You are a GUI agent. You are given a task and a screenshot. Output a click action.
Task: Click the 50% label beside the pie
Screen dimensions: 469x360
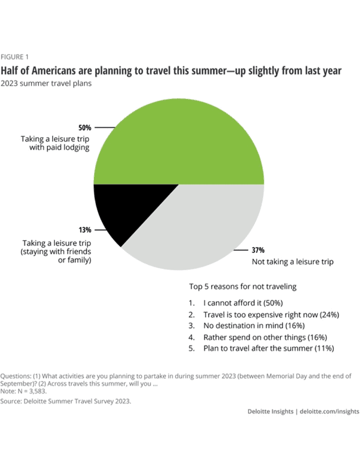[x=84, y=127]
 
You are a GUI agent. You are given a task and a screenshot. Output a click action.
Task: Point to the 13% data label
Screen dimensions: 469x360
[x=84, y=230]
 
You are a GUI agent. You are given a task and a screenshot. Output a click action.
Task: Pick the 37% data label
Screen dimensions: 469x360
[x=258, y=250]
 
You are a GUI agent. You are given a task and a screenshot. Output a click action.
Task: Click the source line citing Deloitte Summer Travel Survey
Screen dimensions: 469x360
[x=66, y=401]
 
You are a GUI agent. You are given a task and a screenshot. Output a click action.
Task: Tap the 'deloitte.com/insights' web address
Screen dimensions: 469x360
[x=330, y=412]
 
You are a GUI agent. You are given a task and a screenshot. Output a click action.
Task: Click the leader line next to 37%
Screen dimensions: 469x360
[x=240, y=250]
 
